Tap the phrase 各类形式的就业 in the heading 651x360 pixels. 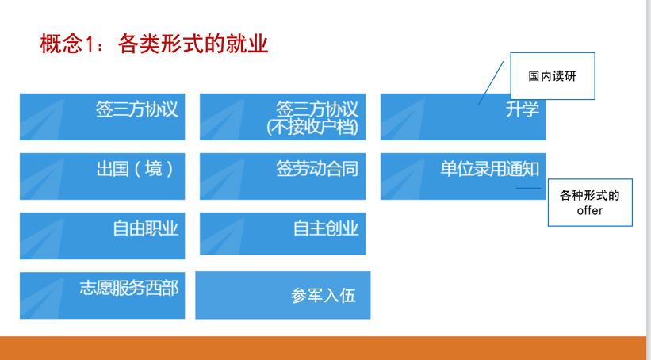(193, 43)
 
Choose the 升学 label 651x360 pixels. (522, 109)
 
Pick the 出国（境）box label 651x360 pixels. (135, 168)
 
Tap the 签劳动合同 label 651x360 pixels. (317, 168)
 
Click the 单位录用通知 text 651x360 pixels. (490, 168)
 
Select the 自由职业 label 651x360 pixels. (145, 228)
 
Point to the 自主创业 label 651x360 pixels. (326, 228)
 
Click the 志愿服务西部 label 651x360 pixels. (128, 288)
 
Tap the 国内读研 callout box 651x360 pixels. (552, 76)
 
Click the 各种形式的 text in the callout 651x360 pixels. (590, 195)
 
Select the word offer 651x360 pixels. (590, 210)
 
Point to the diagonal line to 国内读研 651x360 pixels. (491, 82)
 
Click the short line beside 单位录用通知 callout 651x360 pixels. (528, 188)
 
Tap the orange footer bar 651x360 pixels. (325, 347)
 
